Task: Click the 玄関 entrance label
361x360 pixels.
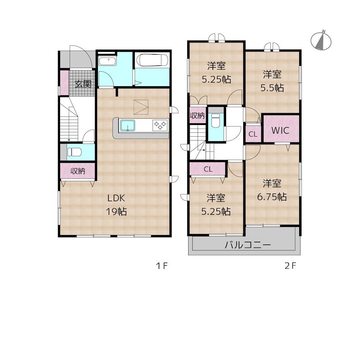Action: (x=83, y=84)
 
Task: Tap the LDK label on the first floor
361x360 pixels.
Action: (x=116, y=198)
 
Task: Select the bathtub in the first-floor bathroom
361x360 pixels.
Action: (x=152, y=60)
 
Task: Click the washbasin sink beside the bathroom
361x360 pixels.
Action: (x=107, y=61)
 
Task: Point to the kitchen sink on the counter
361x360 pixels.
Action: (x=128, y=125)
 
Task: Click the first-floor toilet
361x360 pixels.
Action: (x=74, y=152)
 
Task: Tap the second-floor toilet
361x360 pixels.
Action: (x=216, y=120)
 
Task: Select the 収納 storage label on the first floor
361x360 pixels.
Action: (x=78, y=171)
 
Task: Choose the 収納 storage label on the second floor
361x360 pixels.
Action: (x=197, y=115)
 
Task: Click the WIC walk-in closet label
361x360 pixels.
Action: (x=280, y=130)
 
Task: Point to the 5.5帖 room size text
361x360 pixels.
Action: (x=272, y=88)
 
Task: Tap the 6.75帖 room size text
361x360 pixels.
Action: (x=272, y=197)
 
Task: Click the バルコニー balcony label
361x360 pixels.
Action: (x=248, y=245)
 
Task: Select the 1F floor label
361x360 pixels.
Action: (x=162, y=266)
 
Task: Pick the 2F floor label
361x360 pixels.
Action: (x=290, y=266)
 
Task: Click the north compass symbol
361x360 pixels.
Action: (x=321, y=41)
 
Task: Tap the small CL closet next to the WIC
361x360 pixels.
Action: (x=253, y=134)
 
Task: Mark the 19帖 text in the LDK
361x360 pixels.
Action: (x=116, y=211)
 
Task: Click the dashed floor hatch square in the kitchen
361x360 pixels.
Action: (x=141, y=107)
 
